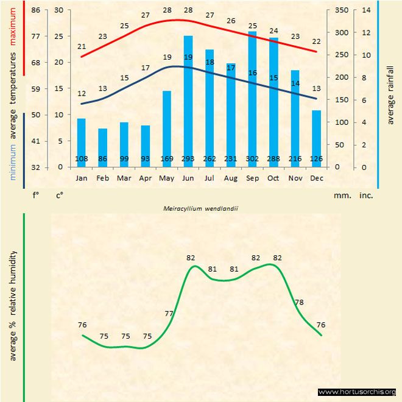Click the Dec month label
point(316,178)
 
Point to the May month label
point(166,178)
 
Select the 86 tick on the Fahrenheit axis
point(36,10)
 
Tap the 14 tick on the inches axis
point(366,10)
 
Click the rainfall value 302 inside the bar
point(252,160)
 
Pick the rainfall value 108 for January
point(81,160)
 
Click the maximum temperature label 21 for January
point(82,46)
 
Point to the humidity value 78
point(299,302)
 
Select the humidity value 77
point(169,314)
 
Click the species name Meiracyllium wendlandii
point(200,208)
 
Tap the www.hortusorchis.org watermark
point(357,392)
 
